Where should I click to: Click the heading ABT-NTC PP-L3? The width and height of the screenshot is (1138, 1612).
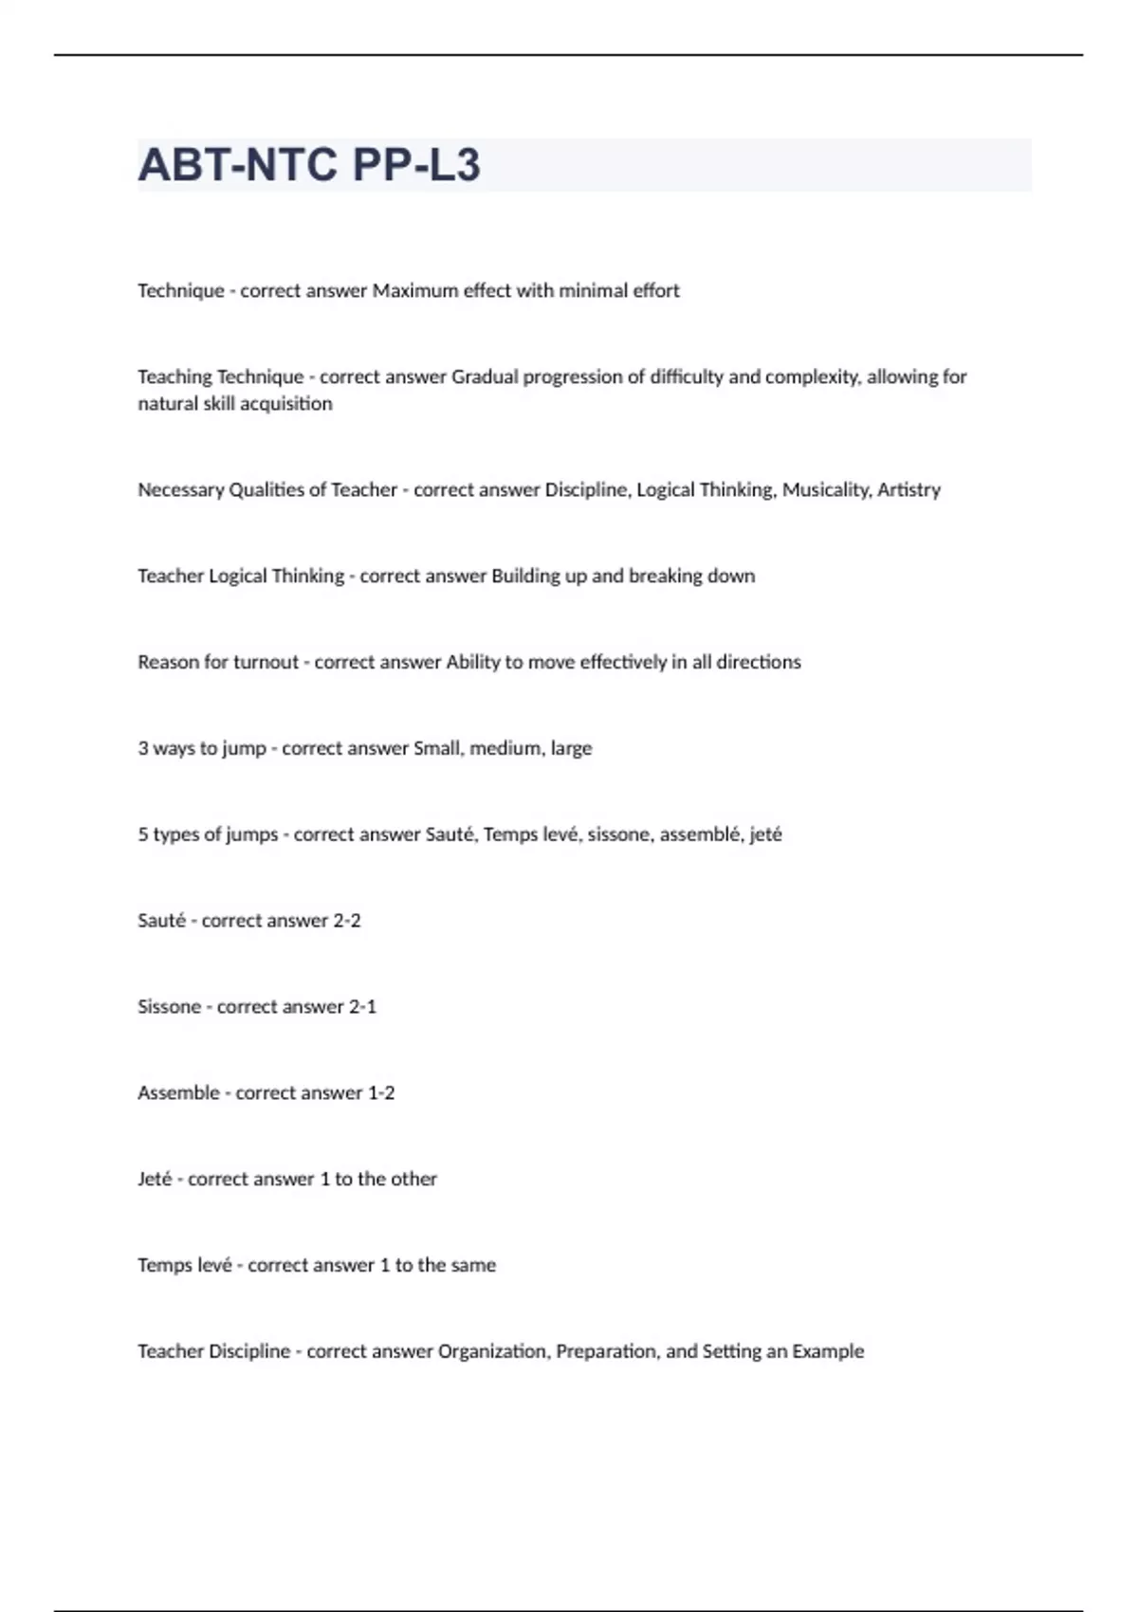pyautogui.click(x=309, y=165)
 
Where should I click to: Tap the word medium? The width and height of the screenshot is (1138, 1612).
pyautogui.click(x=505, y=748)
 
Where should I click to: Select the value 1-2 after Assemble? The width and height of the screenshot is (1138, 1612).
pyautogui.click(x=381, y=1093)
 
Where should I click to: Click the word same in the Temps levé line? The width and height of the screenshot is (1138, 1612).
pyautogui.click(x=473, y=1266)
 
